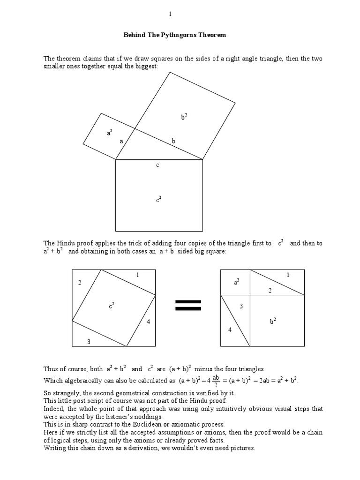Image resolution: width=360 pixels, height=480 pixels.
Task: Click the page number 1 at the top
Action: pos(171,15)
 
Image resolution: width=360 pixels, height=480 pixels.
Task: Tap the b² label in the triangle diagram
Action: pos(184,117)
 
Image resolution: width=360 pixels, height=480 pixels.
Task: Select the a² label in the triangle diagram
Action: pos(109,133)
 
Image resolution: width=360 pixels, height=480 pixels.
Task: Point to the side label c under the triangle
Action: pos(158,165)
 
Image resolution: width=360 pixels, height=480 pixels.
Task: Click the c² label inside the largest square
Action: pos(158,199)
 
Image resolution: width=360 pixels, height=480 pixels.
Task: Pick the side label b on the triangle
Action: pos(173,141)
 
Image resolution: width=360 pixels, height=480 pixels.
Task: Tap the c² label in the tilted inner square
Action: pos(112,306)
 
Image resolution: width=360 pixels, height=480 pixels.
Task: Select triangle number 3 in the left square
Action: pos(89,342)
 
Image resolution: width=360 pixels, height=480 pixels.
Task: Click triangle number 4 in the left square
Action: pos(148,322)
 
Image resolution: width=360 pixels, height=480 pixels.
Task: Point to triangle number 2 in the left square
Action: pos(80,282)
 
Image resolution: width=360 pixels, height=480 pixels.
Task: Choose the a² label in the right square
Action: pos(237,282)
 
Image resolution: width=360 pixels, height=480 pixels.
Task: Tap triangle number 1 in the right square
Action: pos(288,275)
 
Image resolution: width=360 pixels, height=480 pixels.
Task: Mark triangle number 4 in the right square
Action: pos(230,330)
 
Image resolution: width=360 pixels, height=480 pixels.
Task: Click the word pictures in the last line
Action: pos(241,448)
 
